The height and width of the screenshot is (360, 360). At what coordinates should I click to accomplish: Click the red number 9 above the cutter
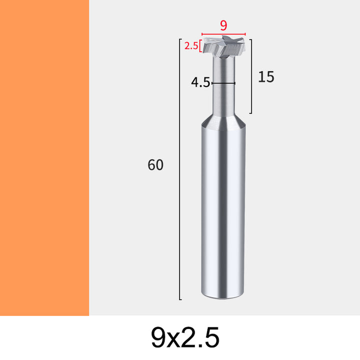(223, 25)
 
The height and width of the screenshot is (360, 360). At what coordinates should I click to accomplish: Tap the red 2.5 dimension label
(191, 46)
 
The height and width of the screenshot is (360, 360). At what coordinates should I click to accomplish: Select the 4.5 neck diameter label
(200, 82)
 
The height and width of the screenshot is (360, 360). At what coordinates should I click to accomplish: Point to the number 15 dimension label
(266, 77)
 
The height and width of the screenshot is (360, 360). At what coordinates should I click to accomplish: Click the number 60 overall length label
(155, 165)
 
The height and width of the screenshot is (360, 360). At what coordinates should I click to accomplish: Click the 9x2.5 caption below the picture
(185, 337)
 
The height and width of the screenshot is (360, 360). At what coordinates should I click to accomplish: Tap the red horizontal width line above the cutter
(223, 34)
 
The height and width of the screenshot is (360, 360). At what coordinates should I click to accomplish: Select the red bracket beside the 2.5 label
(201, 46)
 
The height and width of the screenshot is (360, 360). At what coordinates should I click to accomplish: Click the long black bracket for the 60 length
(179, 169)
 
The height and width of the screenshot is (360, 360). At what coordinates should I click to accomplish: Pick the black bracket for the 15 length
(251, 76)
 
